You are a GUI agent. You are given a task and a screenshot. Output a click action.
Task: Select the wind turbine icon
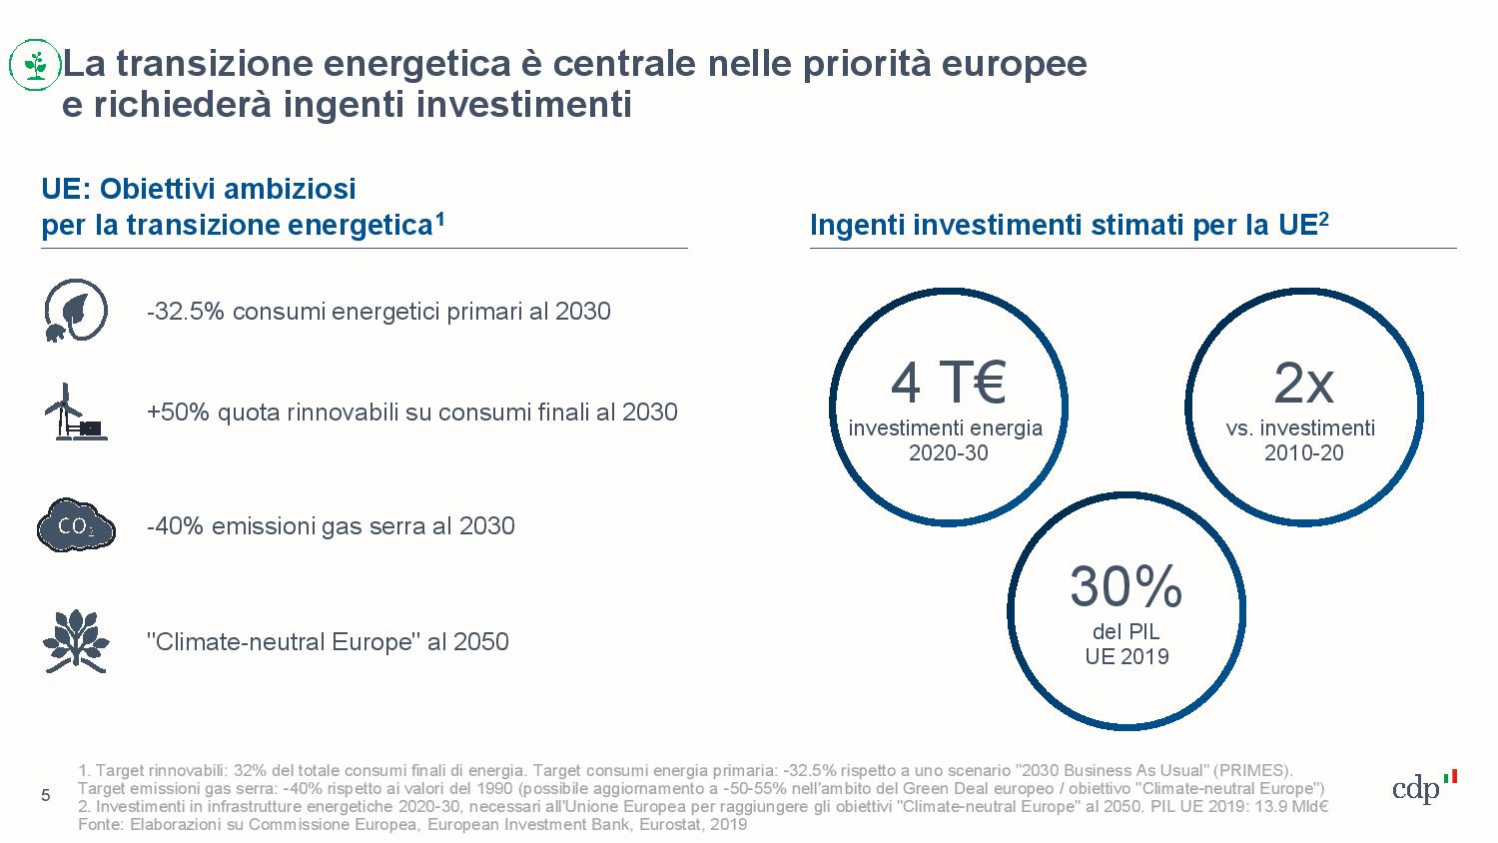click(x=74, y=412)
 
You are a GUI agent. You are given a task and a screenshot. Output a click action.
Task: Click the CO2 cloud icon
click(x=76, y=525)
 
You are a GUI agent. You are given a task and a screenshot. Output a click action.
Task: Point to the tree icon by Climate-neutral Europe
click(x=76, y=640)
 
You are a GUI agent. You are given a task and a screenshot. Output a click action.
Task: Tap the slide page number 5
click(x=45, y=795)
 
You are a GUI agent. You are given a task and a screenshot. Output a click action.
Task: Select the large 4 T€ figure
click(x=948, y=383)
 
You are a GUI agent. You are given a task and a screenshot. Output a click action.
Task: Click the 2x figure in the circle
click(x=1303, y=383)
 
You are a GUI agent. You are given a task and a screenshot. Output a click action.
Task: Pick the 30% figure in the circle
click(x=1125, y=586)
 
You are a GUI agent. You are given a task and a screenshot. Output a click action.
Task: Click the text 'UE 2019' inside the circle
click(x=1126, y=656)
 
